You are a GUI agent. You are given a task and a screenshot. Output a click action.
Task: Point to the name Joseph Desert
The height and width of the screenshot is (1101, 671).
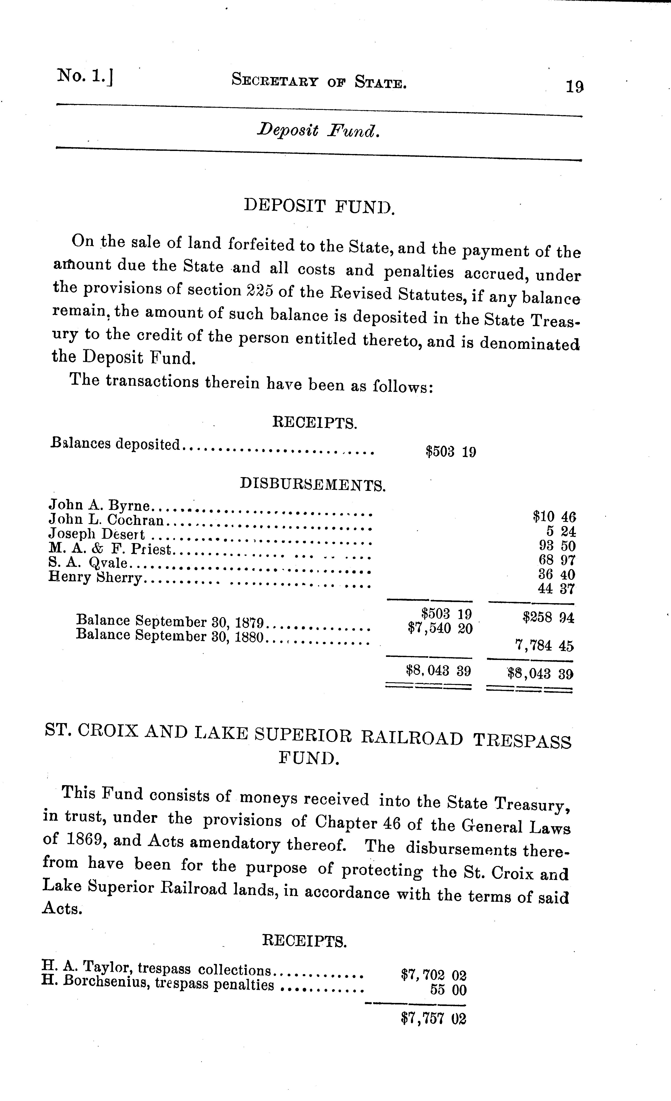pyautogui.click(x=97, y=534)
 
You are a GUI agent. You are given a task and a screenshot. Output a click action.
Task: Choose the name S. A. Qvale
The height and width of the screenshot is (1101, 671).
pyautogui.click(x=88, y=563)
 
